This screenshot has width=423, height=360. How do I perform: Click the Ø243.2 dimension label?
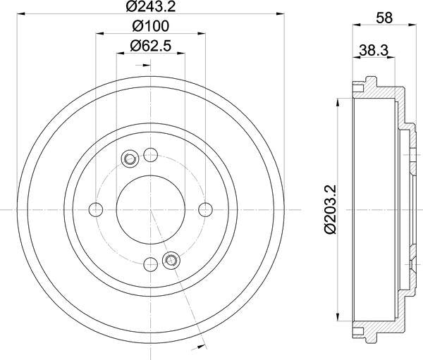click(152, 8)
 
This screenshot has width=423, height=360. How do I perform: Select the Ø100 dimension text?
click(152, 27)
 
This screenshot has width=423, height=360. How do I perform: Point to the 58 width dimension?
click(384, 18)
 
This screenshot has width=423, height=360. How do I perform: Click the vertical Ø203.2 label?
click(329, 209)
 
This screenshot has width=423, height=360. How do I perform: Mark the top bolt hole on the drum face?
click(150, 155)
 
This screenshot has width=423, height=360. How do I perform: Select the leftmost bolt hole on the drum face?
click(96, 209)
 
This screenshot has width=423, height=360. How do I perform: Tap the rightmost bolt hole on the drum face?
click(205, 209)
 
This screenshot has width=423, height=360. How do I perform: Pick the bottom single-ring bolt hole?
click(150, 264)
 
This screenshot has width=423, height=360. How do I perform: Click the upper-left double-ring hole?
click(130, 159)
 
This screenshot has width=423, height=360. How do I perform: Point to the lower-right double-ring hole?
click(170, 261)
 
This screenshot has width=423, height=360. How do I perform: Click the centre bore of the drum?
click(150, 209)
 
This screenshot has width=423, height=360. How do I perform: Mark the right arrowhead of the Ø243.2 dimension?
click(283, 13)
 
